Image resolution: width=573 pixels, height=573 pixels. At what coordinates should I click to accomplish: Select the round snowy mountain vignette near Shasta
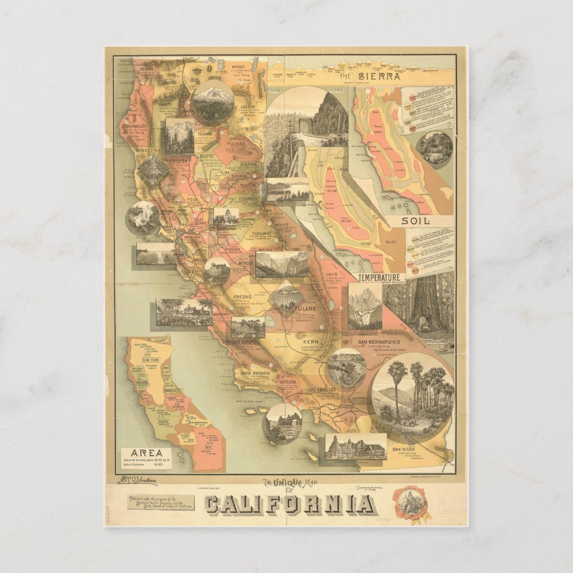(x=213, y=101)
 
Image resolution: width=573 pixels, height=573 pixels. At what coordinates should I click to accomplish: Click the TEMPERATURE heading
(x=378, y=277)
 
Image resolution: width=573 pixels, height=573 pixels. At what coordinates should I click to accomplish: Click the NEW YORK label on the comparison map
(x=147, y=360)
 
